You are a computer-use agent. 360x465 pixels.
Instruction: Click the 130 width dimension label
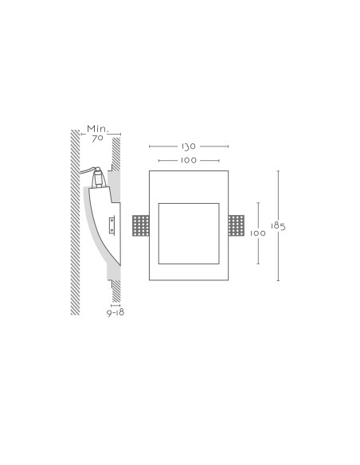click(x=189, y=147)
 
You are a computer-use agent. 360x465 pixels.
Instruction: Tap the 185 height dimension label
click(x=278, y=226)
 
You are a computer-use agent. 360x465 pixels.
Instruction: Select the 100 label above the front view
click(x=189, y=160)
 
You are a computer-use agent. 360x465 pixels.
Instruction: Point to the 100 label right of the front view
click(x=258, y=233)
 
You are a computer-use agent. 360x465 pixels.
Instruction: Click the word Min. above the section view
click(x=98, y=129)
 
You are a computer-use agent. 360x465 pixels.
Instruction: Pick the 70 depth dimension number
click(x=97, y=139)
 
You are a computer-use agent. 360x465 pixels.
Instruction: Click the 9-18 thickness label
click(x=115, y=313)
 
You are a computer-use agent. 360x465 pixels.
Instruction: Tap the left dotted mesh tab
click(x=140, y=225)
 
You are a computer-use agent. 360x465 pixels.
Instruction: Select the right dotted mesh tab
click(x=237, y=225)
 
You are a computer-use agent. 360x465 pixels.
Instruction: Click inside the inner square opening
click(x=189, y=233)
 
